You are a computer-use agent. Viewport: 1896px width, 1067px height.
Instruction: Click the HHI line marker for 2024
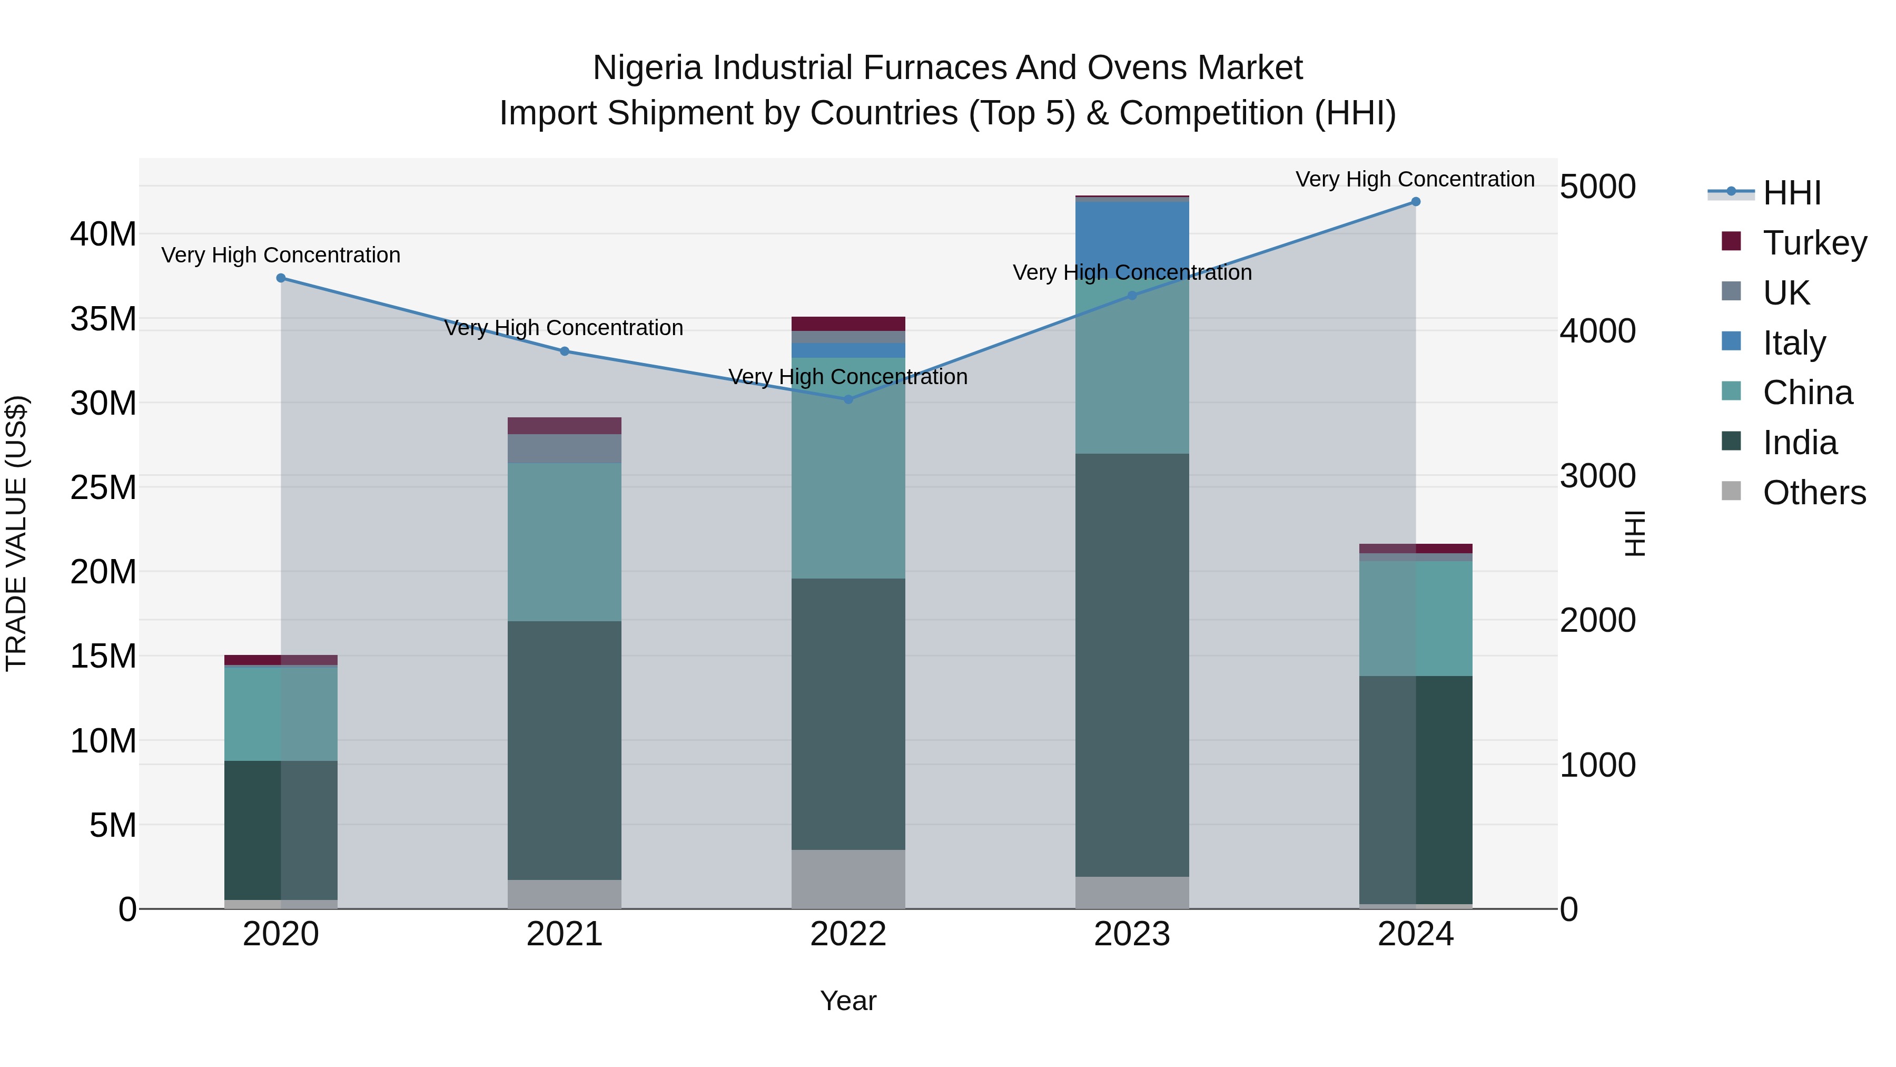click(x=1415, y=202)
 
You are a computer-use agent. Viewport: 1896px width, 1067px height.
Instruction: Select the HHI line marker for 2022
click(x=848, y=399)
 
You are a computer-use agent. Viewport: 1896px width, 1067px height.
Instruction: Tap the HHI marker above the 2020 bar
click(x=281, y=278)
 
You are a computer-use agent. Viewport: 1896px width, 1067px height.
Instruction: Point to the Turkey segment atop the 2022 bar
click(x=848, y=324)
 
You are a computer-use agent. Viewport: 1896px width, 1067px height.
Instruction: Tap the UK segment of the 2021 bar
click(x=565, y=448)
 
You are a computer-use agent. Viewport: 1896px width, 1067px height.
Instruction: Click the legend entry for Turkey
click(x=1814, y=243)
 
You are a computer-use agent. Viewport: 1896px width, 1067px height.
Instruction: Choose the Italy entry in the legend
click(x=1794, y=343)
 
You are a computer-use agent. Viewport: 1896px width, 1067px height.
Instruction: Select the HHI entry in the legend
click(x=1792, y=193)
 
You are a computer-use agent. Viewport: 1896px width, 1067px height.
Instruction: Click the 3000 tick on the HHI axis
click(x=1598, y=476)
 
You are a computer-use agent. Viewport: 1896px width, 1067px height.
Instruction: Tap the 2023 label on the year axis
click(x=1132, y=934)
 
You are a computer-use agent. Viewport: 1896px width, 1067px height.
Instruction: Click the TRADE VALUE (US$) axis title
click(x=17, y=533)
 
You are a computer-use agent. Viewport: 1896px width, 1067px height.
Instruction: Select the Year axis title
click(x=848, y=1001)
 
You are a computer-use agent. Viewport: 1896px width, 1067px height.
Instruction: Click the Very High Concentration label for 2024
click(x=1415, y=179)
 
